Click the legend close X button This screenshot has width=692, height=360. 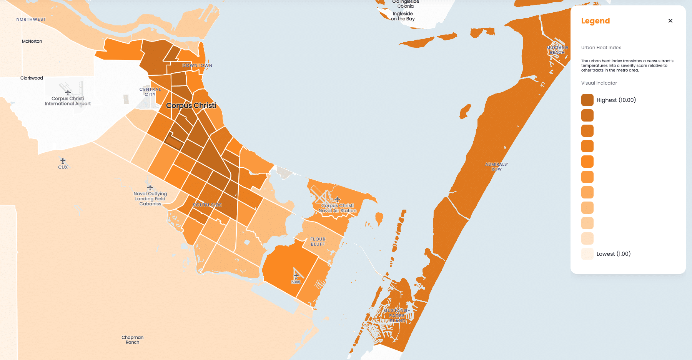coord(670,21)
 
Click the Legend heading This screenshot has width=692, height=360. coord(595,21)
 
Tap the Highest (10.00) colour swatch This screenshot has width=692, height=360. coord(587,100)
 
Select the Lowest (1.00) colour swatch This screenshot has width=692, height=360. coord(587,254)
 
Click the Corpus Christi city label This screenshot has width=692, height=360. coord(191,105)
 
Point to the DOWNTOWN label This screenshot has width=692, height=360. coord(197,65)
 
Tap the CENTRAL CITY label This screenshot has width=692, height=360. coord(150,92)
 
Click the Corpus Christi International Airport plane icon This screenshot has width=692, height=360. coord(68,92)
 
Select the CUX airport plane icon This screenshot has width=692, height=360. coord(63,161)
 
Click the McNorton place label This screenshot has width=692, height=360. coord(32,41)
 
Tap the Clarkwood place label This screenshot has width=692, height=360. coord(32,78)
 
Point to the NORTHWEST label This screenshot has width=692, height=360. coord(31,19)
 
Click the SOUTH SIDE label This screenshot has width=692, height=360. coord(207,205)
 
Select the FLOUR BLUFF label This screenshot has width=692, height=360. coord(318,242)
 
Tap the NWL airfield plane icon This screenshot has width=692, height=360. coord(296,276)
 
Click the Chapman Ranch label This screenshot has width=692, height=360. coord(133,340)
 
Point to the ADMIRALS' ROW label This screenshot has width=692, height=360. coord(496,167)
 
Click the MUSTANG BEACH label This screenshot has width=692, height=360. coord(557,50)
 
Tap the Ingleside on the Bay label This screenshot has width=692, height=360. coord(403,16)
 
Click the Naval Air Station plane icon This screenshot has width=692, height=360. coord(338,199)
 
